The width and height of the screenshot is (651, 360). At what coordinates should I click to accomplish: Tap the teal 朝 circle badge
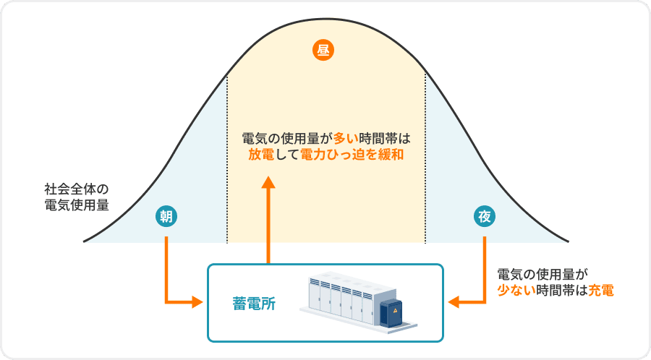[x=167, y=215]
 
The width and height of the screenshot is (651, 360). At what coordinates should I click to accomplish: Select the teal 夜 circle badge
[x=484, y=215]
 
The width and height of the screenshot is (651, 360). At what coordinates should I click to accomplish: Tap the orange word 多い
[x=346, y=137]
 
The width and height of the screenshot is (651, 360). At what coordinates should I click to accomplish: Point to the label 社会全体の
[x=76, y=189]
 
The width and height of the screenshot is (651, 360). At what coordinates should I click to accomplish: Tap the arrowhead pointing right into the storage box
[x=196, y=302]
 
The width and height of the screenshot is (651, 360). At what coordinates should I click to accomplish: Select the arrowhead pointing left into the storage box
[x=455, y=302]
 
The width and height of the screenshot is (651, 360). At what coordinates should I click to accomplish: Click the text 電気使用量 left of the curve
[x=76, y=205]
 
